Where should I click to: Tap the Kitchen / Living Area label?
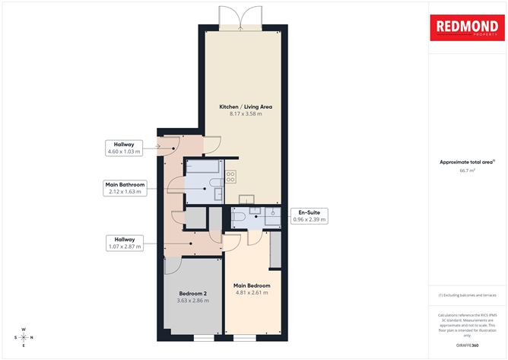pyautogui.click(x=246, y=107)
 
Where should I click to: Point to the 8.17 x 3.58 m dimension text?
pyautogui.click(x=246, y=114)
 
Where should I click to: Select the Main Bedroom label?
pyautogui.click(x=251, y=285)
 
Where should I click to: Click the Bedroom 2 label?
pyautogui.click(x=193, y=293)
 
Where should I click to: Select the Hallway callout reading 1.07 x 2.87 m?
pyautogui.click(x=125, y=243)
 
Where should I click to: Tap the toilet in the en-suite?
pyautogui.click(x=238, y=217)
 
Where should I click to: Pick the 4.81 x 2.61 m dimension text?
pyautogui.click(x=251, y=293)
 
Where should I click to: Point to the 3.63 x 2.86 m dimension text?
pyautogui.click(x=193, y=301)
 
